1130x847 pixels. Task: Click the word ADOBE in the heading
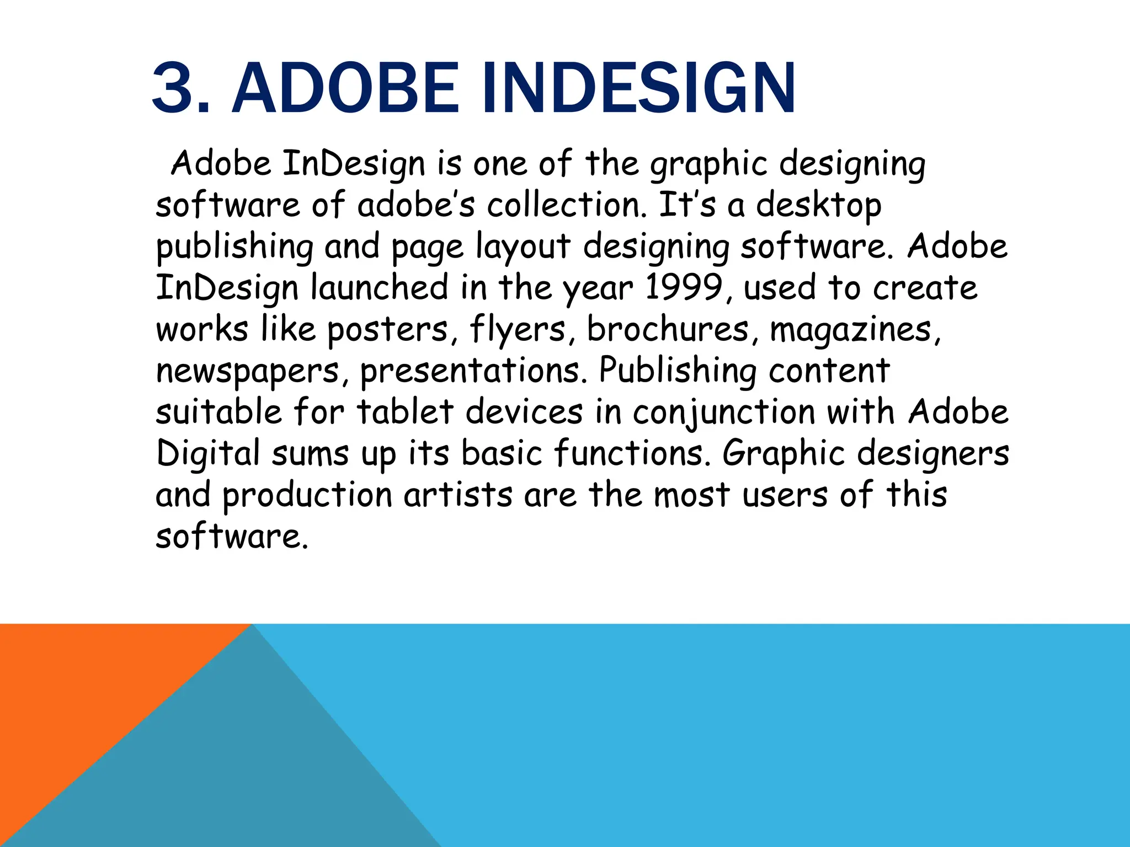click(345, 88)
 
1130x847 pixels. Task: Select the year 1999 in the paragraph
click(683, 288)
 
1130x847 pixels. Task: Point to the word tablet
click(405, 412)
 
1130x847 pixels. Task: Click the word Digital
click(208, 454)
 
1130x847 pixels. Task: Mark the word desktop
click(818, 206)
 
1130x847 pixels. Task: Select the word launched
click(380, 288)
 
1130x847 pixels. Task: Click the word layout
click(523, 247)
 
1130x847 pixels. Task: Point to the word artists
click(458, 495)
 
